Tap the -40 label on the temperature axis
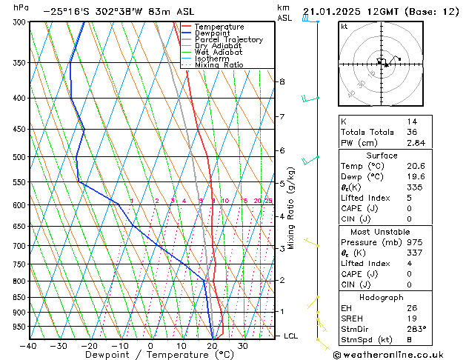pyautogui.click(x=28, y=345)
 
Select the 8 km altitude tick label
pyautogui.click(x=282, y=81)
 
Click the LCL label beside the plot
pyautogui.click(x=291, y=336)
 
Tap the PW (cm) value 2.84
pyautogui.click(x=416, y=143)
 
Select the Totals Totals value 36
pyautogui.click(x=411, y=132)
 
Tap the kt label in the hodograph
pyautogui.click(x=344, y=26)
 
